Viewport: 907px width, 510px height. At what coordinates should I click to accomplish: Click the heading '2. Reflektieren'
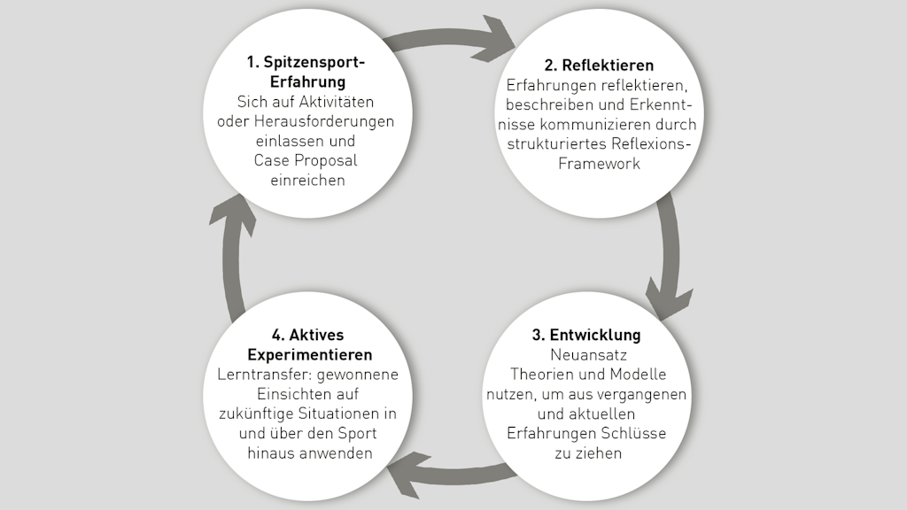pyautogui.click(x=599, y=66)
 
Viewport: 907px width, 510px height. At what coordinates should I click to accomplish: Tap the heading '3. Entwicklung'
pyautogui.click(x=586, y=336)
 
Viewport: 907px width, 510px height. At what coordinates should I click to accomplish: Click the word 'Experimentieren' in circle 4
pyautogui.click(x=307, y=354)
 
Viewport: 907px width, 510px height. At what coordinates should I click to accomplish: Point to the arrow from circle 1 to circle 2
pyautogui.click(x=453, y=37)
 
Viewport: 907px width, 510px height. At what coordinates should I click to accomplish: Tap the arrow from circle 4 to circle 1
pyautogui.click(x=232, y=257)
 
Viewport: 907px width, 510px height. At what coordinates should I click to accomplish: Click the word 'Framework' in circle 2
pyautogui.click(x=599, y=163)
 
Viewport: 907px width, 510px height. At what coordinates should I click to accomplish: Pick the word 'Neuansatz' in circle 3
pyautogui.click(x=586, y=355)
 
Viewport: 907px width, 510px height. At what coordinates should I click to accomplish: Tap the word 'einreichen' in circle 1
pyautogui.click(x=306, y=180)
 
